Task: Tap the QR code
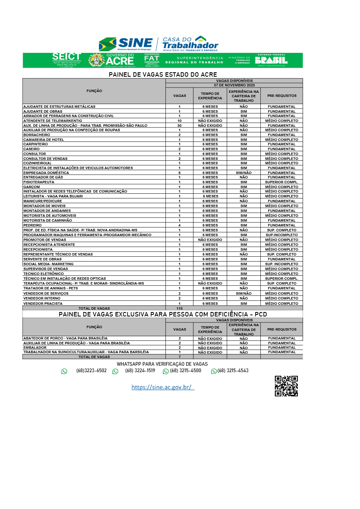(x=286, y=386)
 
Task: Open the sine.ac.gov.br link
(x=163, y=387)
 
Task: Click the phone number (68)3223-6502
(x=91, y=371)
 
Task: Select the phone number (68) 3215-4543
(x=233, y=371)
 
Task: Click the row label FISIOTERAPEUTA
(x=39, y=182)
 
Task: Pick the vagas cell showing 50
(x=180, y=126)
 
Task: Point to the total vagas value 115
(x=180, y=308)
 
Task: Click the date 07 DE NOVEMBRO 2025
(x=234, y=86)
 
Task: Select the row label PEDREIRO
(x=32, y=225)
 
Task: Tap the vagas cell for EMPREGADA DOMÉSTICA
(x=180, y=173)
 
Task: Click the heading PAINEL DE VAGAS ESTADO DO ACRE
(x=163, y=75)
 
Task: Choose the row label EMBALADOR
(x=35, y=348)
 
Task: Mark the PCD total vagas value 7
(x=180, y=357)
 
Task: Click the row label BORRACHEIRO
(x=37, y=135)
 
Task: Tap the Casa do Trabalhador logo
(x=190, y=44)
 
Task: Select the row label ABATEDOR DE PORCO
(x=65, y=338)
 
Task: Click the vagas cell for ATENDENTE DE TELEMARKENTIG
(x=180, y=121)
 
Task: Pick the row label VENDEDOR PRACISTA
(x=43, y=303)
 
